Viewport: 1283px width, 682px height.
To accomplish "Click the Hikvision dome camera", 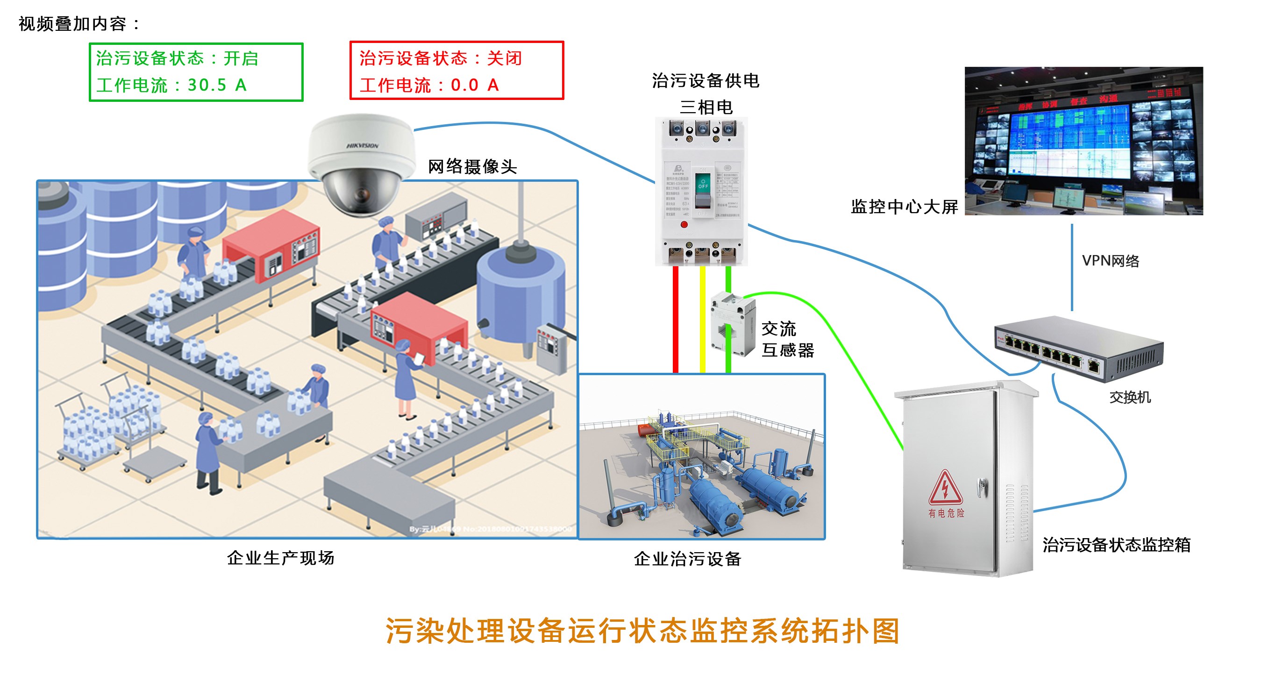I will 361,164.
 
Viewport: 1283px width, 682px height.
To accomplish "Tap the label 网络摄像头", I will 472,166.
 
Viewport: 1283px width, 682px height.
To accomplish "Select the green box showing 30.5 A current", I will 196,72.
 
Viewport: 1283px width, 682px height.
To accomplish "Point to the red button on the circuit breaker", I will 684,225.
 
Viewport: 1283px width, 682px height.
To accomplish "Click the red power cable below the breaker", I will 675,319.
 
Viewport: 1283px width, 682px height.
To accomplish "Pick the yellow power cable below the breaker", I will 702,319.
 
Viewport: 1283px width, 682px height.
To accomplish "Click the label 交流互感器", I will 787,339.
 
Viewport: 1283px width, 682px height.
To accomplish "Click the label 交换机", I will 1130,397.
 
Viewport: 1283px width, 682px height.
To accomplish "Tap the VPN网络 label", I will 1110,260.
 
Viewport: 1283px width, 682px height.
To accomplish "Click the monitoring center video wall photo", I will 1083,141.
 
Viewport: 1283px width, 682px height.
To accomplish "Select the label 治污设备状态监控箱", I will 1116,545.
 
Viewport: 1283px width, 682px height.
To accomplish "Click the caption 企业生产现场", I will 280,558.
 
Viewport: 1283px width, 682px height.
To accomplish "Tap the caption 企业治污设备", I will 687,559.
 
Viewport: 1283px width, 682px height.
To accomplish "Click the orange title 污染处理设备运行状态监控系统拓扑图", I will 642,631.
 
